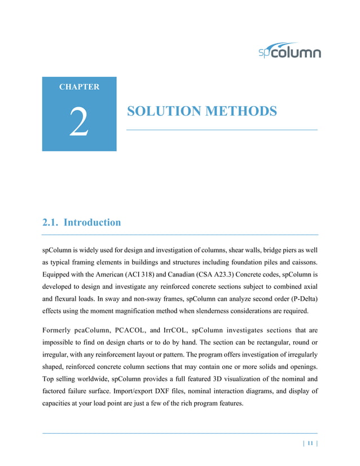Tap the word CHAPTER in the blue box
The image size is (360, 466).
pyautogui.click(x=79, y=87)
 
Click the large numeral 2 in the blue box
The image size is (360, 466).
pyautogui.click(x=79, y=123)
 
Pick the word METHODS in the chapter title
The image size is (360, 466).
pyautogui.click(x=242, y=111)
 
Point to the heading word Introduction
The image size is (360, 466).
pyautogui.click(x=92, y=222)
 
